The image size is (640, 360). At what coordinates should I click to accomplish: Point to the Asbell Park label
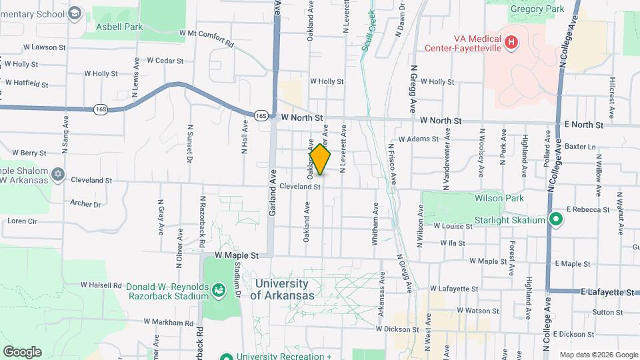click(x=119, y=27)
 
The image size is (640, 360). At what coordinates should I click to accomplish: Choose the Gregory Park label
click(x=537, y=9)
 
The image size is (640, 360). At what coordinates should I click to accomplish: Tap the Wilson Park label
click(x=499, y=198)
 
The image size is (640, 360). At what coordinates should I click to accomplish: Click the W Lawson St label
click(x=45, y=47)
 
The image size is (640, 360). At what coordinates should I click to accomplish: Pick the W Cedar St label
click(x=165, y=60)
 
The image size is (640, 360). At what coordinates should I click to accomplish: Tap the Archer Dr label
click(x=85, y=204)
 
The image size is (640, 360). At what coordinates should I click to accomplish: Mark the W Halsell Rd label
click(x=101, y=285)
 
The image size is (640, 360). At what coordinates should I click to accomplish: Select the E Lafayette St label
click(x=607, y=292)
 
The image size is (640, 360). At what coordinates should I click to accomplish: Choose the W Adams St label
click(x=418, y=139)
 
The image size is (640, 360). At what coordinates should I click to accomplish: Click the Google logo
click(x=22, y=351)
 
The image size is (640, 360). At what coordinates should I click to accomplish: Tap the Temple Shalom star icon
click(x=58, y=174)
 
